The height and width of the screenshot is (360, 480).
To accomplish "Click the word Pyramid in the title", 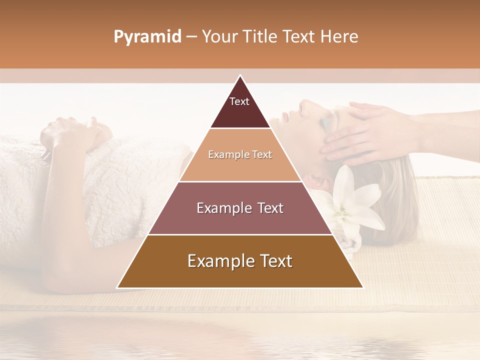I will point(147,37).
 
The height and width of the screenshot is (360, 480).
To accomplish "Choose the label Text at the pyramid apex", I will point(239,101).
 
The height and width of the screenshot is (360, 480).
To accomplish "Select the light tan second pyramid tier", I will point(220,167).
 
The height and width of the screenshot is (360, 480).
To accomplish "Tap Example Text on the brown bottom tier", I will point(240,261).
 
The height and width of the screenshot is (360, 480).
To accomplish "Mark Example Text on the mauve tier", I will point(240,208).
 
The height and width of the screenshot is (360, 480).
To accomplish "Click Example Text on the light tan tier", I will point(240,154).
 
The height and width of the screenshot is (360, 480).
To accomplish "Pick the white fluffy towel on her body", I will point(125,180).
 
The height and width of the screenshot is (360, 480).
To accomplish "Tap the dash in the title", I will point(191,37).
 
